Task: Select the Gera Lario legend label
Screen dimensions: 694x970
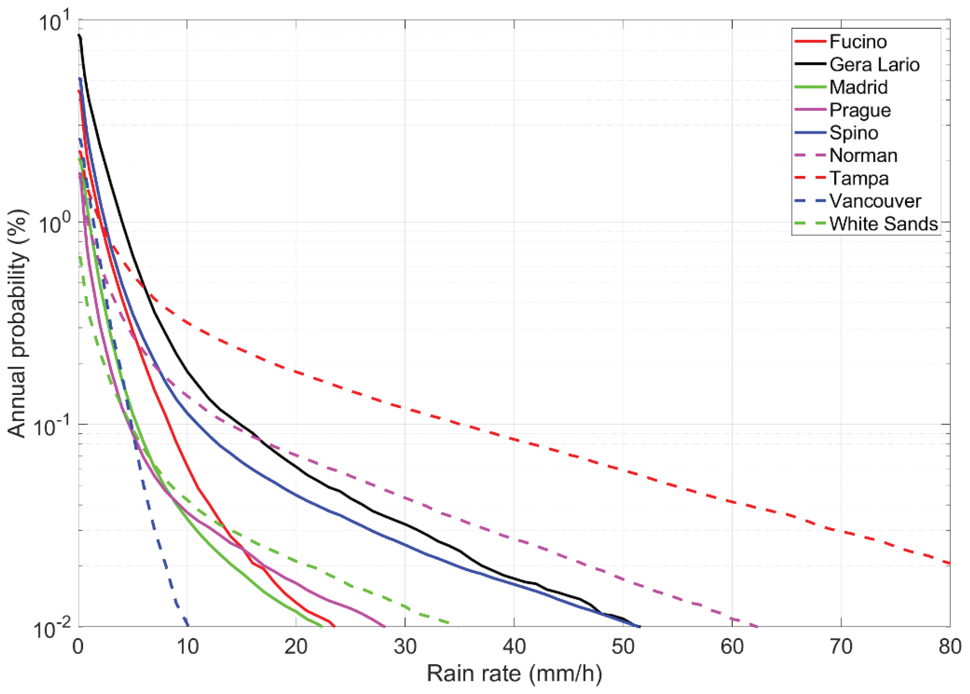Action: tap(874, 65)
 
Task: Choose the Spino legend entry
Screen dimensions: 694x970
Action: tap(853, 133)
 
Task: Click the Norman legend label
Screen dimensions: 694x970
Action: tap(863, 155)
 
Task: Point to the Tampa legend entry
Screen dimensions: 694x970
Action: tap(859, 178)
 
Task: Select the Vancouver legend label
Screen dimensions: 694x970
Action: tap(875, 201)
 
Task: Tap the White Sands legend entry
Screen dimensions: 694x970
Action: tap(883, 224)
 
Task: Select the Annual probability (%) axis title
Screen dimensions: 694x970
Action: tap(18, 324)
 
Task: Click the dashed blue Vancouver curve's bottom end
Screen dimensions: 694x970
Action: tap(188, 626)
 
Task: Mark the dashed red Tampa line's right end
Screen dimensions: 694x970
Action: tap(949, 563)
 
